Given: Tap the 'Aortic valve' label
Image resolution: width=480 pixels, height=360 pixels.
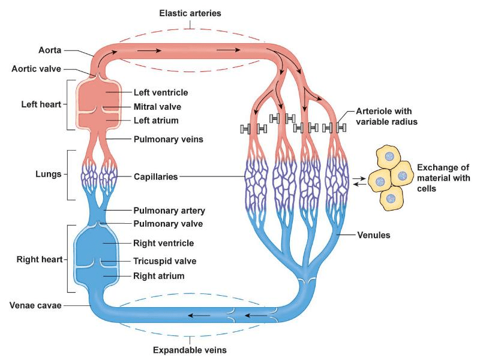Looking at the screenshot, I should coord(35,68).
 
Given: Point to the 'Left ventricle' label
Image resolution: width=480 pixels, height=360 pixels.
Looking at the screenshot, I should coord(161,92).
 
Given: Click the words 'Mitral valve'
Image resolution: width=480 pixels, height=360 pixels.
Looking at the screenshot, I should coord(157,107).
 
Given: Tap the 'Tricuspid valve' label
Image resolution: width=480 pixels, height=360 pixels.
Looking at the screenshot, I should coord(165,261).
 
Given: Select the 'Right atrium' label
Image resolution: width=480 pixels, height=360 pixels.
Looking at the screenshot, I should coord(158,276).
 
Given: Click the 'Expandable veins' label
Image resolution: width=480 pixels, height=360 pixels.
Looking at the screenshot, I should coord(190,350).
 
